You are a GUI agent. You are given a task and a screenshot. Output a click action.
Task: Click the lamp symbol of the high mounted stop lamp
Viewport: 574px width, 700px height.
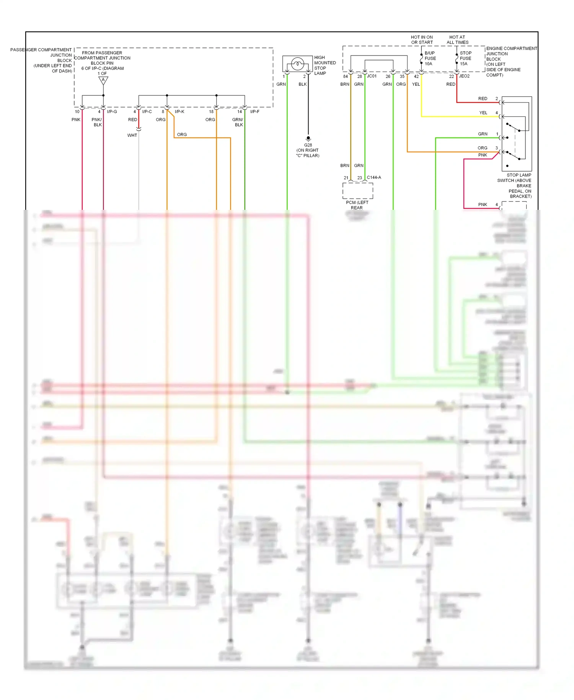[x=297, y=64]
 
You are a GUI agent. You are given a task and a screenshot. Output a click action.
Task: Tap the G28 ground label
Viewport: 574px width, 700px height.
[x=308, y=145]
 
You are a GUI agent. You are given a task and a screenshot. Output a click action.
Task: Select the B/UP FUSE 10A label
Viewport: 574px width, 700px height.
[x=430, y=59]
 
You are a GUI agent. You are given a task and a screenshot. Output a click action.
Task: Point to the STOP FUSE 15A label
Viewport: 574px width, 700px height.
[x=465, y=59]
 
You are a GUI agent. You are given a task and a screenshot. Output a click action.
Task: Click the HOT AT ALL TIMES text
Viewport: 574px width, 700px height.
[x=457, y=40]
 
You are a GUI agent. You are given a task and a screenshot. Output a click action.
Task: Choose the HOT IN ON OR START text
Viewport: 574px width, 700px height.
[x=422, y=40]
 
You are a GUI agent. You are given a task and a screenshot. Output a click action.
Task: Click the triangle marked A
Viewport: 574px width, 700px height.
[x=103, y=80]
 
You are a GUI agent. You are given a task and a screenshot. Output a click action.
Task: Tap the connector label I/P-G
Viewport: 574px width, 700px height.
[x=112, y=112]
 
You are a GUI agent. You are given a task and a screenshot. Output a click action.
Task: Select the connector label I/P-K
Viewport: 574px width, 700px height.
[x=179, y=112]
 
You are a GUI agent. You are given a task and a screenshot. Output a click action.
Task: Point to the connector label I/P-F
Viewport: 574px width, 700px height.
[x=255, y=112]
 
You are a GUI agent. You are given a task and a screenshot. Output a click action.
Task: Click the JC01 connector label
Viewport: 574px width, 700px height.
[x=372, y=76]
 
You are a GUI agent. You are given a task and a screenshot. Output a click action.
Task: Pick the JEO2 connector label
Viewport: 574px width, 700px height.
[x=464, y=76]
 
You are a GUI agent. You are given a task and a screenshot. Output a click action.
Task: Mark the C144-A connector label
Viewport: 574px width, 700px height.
[x=374, y=178]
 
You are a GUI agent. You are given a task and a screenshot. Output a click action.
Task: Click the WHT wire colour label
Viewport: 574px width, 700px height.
[x=132, y=136]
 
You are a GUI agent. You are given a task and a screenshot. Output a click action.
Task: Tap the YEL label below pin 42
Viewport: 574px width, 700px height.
[x=416, y=84]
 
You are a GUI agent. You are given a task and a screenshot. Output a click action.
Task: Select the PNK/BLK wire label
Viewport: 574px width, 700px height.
[x=97, y=122]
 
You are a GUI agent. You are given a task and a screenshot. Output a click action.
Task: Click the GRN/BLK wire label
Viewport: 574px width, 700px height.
[x=238, y=122]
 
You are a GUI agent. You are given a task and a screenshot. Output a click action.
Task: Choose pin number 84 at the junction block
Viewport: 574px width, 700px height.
[x=346, y=77]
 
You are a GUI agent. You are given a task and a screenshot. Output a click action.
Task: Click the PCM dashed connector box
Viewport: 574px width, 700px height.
[x=357, y=191]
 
